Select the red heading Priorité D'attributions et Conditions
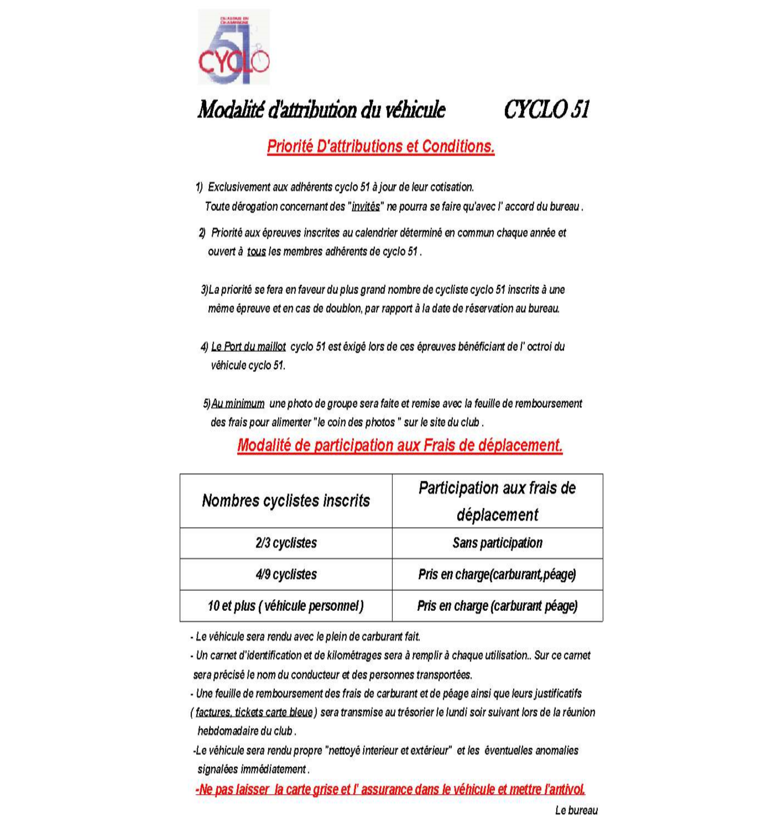(381, 146)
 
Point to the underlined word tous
(256, 252)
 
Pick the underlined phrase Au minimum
(238, 404)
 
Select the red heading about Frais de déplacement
(400, 445)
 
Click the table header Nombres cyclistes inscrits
(286, 501)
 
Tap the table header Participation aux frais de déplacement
(497, 501)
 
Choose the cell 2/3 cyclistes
(286, 543)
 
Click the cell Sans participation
(497, 543)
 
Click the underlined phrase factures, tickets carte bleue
(254, 712)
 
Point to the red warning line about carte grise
(390, 790)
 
